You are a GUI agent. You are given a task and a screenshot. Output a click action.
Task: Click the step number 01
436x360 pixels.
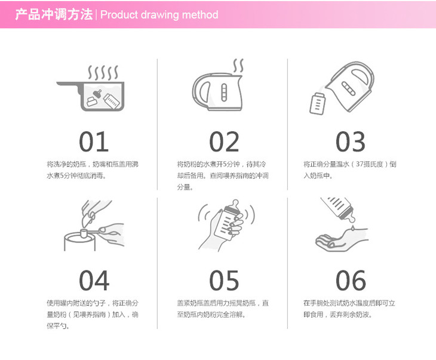pyautogui.click(x=94, y=141)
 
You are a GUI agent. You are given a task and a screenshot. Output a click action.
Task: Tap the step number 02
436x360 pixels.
pyautogui.click(x=224, y=141)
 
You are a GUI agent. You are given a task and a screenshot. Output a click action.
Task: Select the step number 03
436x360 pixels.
pyautogui.click(x=351, y=141)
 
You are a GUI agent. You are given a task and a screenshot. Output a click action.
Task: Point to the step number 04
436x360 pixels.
pyautogui.click(x=94, y=281)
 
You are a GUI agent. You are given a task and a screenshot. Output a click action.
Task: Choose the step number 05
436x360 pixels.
pyautogui.click(x=224, y=281)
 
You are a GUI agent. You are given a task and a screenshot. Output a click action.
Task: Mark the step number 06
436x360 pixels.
pyautogui.click(x=351, y=281)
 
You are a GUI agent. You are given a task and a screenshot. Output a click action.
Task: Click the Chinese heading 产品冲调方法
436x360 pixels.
pyautogui.click(x=54, y=14)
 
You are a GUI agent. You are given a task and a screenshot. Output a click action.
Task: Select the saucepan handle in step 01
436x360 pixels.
pyautogui.click(x=69, y=85)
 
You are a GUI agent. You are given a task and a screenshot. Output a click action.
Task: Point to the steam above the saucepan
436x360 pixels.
pyautogui.click(x=103, y=72)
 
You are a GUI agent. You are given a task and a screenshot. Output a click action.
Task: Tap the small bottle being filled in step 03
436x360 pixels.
pyautogui.click(x=317, y=103)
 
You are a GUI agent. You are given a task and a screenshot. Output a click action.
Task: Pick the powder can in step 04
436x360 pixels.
pyautogui.click(x=80, y=241)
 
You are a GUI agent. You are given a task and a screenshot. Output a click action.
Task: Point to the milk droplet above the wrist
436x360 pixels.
pyautogui.click(x=352, y=228)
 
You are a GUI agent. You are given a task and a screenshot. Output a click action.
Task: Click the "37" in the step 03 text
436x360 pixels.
pyautogui.click(x=360, y=164)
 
